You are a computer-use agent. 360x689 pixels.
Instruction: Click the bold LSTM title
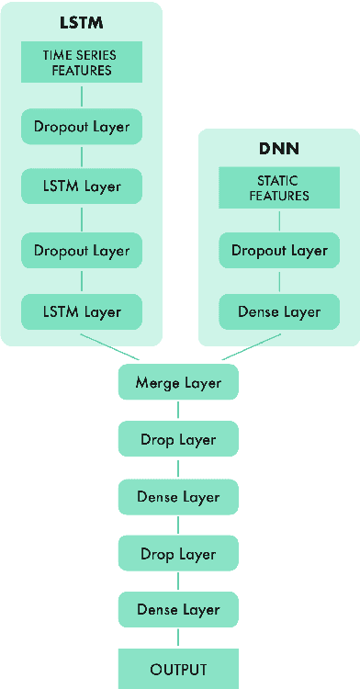point(82,20)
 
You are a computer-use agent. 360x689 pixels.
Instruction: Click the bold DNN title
point(279,148)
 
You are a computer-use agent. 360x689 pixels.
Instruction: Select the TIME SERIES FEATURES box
point(82,62)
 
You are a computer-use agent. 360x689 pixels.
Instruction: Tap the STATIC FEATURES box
point(279,188)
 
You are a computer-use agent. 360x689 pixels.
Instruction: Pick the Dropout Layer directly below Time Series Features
point(82,125)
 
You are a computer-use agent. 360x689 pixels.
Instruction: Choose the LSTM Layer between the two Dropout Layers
point(82,186)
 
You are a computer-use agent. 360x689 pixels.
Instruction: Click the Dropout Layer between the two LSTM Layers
point(82,250)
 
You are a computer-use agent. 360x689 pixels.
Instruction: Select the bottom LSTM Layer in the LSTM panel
point(82,312)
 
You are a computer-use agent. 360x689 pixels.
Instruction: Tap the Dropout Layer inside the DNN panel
point(279,250)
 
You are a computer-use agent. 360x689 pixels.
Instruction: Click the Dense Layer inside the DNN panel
point(279,312)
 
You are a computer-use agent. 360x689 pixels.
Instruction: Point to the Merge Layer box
point(178,382)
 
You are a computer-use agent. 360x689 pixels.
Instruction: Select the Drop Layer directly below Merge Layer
point(178,439)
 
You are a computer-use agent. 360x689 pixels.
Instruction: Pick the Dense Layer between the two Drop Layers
point(178,496)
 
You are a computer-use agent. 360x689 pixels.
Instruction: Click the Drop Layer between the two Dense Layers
point(178,554)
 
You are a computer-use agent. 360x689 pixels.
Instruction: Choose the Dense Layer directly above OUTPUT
point(178,609)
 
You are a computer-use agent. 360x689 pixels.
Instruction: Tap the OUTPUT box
point(178,669)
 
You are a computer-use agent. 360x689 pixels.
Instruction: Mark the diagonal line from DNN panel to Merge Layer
point(250,346)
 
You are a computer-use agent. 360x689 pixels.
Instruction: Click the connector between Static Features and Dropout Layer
point(279,220)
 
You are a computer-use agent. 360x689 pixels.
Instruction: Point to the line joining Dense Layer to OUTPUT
point(178,638)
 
